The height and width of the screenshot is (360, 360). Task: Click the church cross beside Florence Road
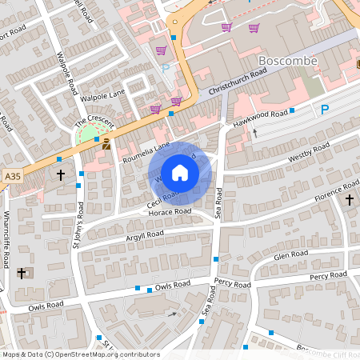(350, 198)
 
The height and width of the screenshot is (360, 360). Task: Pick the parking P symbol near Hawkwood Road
(324, 110)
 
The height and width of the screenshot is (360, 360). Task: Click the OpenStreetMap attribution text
(80, 354)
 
